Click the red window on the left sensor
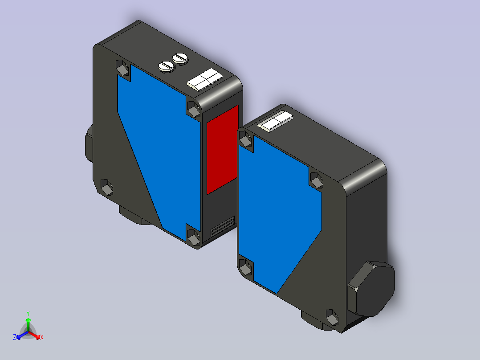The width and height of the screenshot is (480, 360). [222, 150]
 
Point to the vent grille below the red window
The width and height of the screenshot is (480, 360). [223, 227]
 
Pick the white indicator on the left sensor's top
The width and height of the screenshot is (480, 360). [205, 79]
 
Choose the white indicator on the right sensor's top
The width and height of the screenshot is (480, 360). [275, 121]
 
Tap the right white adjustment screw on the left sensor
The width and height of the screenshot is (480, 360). [180, 58]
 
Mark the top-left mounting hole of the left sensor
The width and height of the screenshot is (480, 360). [122, 68]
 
